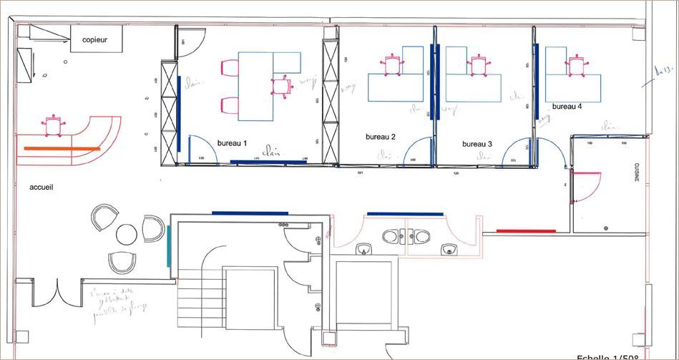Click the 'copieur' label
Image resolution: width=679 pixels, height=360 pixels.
click(x=94, y=40)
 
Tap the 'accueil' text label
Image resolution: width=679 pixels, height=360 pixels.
click(x=41, y=187)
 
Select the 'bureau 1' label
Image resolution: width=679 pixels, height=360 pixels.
click(x=232, y=143)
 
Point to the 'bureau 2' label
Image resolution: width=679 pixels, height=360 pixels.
click(x=381, y=136)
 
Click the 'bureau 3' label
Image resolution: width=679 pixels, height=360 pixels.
click(x=477, y=144)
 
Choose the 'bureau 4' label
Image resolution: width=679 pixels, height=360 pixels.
click(x=567, y=106)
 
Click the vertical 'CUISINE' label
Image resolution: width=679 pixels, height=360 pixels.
click(x=636, y=172)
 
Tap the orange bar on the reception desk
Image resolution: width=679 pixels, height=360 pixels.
click(x=62, y=148)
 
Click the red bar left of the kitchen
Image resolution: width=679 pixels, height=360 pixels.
click(x=526, y=230)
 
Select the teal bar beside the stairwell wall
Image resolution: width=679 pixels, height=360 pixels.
click(x=168, y=247)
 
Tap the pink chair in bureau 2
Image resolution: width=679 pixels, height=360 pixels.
click(x=391, y=64)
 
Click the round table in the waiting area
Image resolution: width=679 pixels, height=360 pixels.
click(x=127, y=233)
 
